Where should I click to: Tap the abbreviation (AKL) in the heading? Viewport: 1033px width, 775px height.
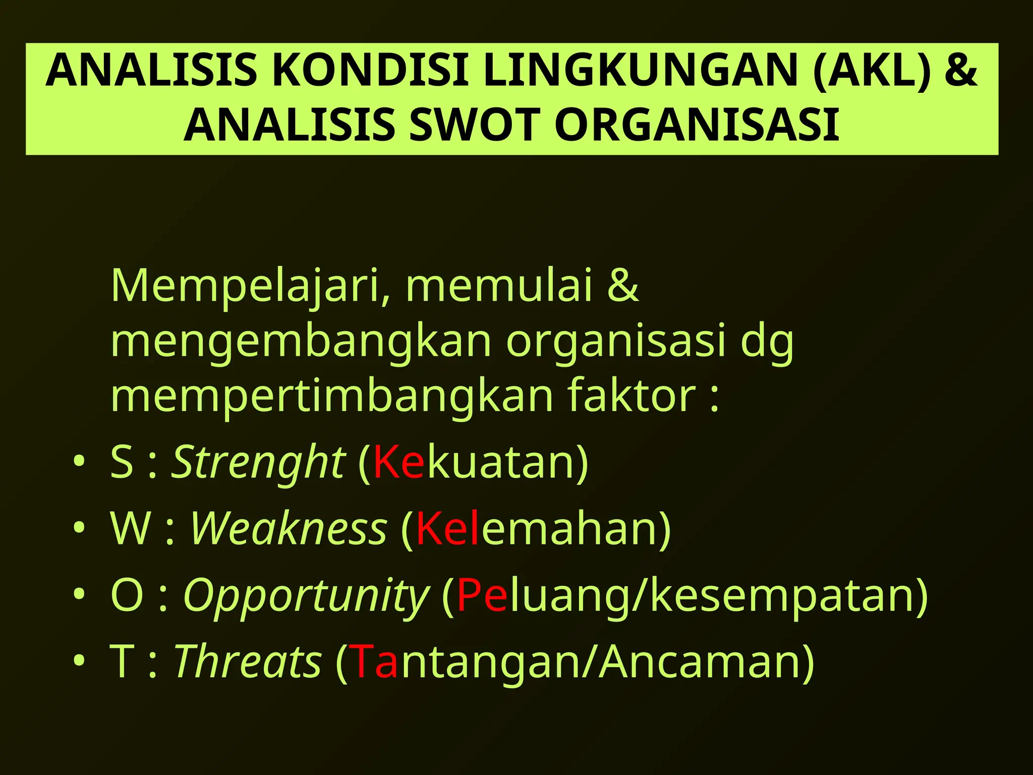click(x=872, y=71)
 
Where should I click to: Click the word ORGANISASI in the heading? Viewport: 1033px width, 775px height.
click(x=698, y=125)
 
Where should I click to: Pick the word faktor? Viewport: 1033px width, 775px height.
click(x=631, y=396)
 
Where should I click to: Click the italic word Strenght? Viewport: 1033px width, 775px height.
click(x=258, y=462)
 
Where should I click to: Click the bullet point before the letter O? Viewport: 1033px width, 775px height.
click(x=79, y=594)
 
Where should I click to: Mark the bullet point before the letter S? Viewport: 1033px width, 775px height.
click(x=79, y=461)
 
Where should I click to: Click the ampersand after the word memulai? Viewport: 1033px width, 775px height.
click(x=623, y=286)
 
